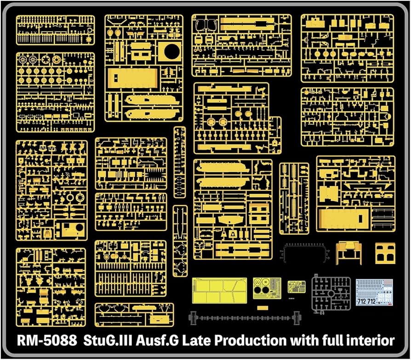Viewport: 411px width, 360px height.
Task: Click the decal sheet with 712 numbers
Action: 374,293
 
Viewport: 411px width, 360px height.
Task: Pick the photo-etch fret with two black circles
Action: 267,288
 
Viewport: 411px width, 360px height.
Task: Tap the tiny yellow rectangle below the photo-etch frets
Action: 262,308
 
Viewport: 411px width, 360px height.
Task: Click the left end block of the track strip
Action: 193,316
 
